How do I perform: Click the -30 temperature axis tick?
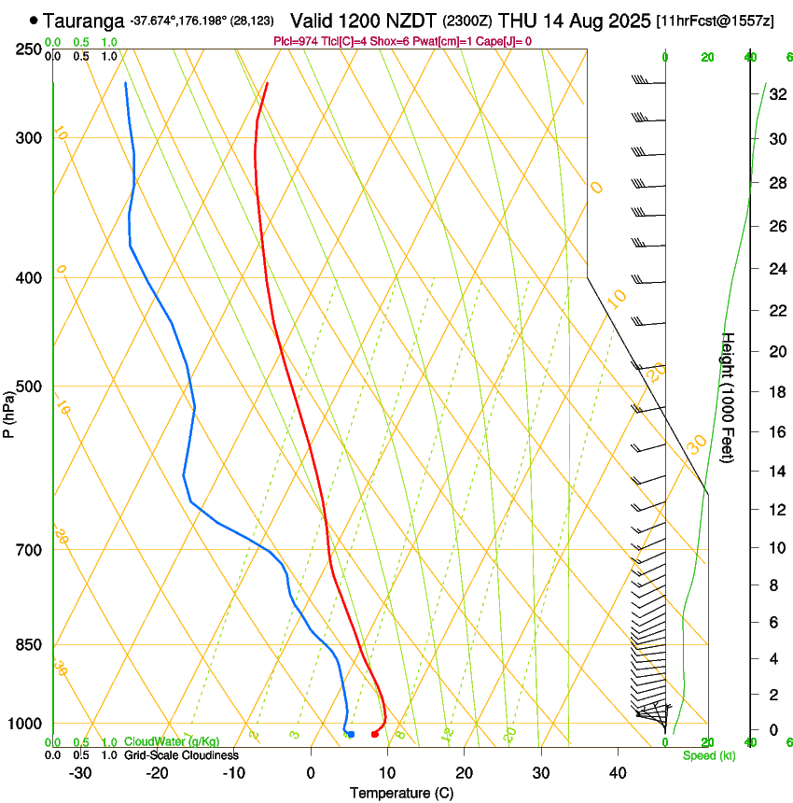point(81,773)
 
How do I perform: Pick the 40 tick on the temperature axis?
point(618,773)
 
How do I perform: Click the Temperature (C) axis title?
point(401,793)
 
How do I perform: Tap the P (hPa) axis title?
point(8,412)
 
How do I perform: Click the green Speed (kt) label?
point(709,755)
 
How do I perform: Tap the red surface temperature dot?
point(374,734)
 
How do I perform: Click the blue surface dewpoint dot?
point(351,734)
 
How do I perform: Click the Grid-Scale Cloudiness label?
point(181,755)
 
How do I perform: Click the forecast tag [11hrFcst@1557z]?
point(715,21)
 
